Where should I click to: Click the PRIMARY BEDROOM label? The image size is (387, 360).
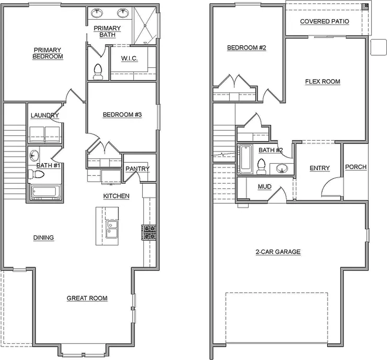pos(48,53)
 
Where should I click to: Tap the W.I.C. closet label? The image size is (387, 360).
pos(129,59)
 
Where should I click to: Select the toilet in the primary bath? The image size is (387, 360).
pos(98,72)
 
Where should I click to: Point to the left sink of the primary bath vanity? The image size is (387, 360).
pos(97,13)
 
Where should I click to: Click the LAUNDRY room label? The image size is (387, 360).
pos(44,115)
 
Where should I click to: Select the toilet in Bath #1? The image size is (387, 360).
pos(37,174)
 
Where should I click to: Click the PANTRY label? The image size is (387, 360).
pos(137,169)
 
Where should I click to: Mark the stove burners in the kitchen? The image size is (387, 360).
pos(149,232)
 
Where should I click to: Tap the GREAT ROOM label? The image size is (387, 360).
pos(87,298)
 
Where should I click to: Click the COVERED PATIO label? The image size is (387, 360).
pos(324,21)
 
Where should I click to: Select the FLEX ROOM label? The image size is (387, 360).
pos(323,81)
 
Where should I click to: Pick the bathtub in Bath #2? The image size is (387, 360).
pos(246,159)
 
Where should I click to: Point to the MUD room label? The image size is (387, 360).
pos(265,187)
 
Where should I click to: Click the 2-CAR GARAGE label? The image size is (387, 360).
pos(278,252)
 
